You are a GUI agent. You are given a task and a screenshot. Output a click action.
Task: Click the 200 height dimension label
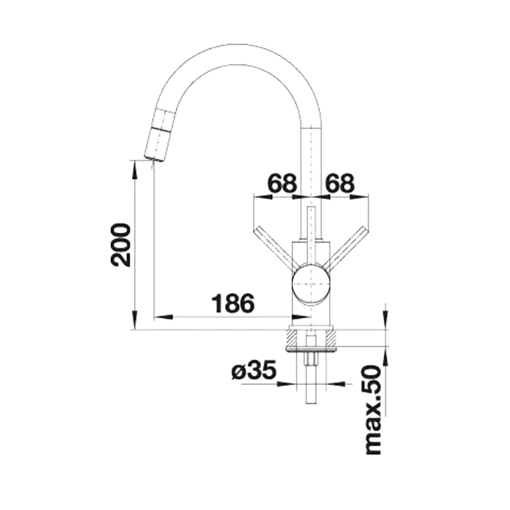click(120, 245)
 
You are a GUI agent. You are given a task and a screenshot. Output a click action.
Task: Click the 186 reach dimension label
click(233, 303)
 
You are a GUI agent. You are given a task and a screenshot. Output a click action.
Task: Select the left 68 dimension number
click(282, 183)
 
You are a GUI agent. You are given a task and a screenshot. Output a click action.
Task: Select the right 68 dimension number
click(340, 183)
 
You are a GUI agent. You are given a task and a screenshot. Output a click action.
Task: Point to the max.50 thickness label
click(373, 410)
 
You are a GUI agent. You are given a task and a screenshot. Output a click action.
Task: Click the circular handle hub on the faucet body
click(312, 284)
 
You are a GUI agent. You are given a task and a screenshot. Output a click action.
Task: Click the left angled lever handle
click(275, 247)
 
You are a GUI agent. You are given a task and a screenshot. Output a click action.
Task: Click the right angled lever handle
click(347, 247)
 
